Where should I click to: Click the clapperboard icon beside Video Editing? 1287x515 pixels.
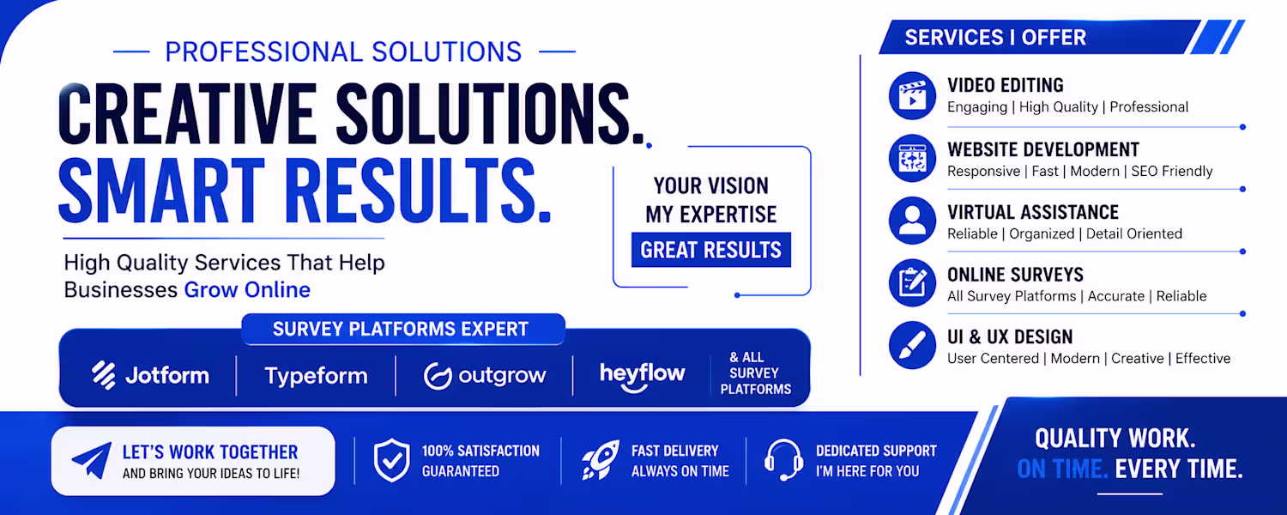(912, 95)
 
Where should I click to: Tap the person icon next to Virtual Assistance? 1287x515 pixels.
(912, 221)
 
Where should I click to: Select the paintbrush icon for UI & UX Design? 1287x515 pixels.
(912, 345)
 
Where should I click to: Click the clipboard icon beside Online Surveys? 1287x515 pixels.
(912, 282)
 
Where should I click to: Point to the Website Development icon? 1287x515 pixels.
(912, 158)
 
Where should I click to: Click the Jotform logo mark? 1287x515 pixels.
(104, 375)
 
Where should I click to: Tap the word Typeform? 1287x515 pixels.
(316, 376)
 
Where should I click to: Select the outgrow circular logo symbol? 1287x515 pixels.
(438, 377)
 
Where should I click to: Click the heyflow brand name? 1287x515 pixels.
(643, 375)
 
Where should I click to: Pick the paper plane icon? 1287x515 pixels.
(92, 460)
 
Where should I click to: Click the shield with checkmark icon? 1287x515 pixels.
(392, 460)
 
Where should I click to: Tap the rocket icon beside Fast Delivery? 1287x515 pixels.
(601, 460)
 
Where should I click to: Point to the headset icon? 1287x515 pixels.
(783, 460)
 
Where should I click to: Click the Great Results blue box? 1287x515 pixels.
(711, 250)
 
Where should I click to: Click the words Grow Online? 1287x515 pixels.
(247, 290)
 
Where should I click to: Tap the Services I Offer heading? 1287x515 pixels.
(995, 38)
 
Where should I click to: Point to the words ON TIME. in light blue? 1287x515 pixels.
(1062, 469)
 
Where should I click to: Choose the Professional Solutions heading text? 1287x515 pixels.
(343, 51)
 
